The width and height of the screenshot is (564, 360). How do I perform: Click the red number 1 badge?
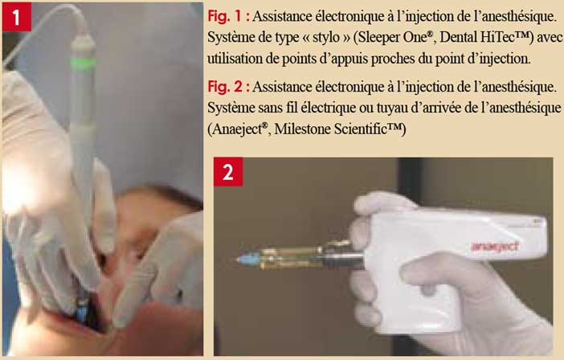point(17,17)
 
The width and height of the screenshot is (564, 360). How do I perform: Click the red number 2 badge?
point(228,172)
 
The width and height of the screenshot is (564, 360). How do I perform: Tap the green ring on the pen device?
point(83,63)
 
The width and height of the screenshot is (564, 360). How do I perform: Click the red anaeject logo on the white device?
point(495,246)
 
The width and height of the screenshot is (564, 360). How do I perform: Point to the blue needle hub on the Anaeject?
point(250,259)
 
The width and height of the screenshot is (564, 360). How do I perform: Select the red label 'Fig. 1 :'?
point(229,17)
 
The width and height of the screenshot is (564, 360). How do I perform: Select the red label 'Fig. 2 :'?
point(229,87)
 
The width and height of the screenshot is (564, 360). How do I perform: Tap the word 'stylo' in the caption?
point(326,38)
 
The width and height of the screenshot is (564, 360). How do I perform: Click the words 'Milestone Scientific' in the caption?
point(338,129)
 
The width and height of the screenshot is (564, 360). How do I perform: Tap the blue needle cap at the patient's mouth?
point(81,311)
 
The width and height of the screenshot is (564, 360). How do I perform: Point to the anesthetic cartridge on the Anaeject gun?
point(292,258)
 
